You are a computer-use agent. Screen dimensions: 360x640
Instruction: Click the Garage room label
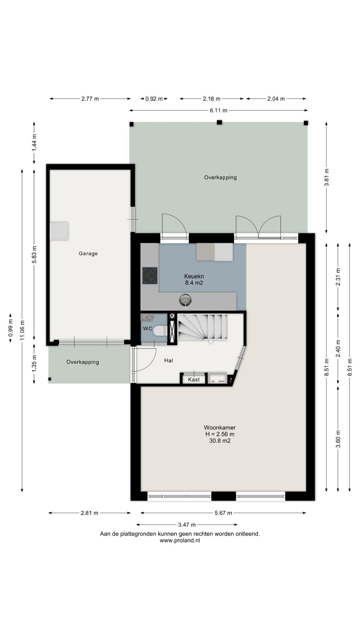[x=88, y=253]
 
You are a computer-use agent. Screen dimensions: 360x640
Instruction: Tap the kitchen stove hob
[x=150, y=275]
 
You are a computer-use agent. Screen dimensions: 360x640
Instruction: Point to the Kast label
[x=194, y=380]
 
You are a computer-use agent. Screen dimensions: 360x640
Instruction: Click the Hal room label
[x=168, y=360]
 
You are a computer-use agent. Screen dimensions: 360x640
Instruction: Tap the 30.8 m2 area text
[x=220, y=441]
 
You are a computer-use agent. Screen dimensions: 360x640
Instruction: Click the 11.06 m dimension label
[x=22, y=330]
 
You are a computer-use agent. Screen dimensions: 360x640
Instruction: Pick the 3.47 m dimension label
[x=187, y=525]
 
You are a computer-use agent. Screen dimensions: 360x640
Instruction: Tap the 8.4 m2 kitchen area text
[x=194, y=283]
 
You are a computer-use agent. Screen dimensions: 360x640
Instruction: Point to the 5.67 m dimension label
[x=223, y=513]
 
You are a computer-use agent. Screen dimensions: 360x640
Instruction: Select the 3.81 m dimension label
[x=327, y=177]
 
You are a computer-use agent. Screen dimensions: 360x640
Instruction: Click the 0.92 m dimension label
[x=154, y=99]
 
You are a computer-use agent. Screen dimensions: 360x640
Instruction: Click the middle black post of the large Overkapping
[x=219, y=122]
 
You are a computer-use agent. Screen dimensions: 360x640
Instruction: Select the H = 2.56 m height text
[x=220, y=434]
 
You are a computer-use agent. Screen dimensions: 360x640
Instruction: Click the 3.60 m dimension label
[x=338, y=439]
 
